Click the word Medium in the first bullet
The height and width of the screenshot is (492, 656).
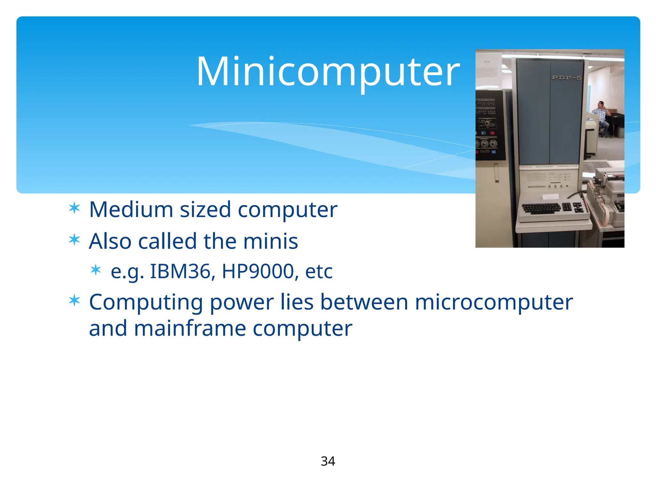tap(131, 210)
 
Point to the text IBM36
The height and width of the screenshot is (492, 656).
tap(180, 271)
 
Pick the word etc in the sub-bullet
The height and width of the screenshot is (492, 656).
tap(319, 272)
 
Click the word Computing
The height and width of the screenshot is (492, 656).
tap(146, 303)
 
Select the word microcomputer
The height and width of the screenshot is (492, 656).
tap(494, 303)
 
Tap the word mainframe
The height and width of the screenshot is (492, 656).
tap(190, 329)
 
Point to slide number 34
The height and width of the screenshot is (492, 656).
tap(328, 461)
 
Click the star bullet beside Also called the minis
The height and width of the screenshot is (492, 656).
tap(74, 240)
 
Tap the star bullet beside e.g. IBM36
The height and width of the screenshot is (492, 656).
tap(96, 270)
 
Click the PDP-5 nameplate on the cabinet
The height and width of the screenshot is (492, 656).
tap(566, 78)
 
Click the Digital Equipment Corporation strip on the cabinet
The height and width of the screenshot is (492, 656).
tap(549, 167)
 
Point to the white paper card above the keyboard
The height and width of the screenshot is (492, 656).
tap(551, 196)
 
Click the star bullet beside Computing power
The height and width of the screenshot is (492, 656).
tap(74, 301)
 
